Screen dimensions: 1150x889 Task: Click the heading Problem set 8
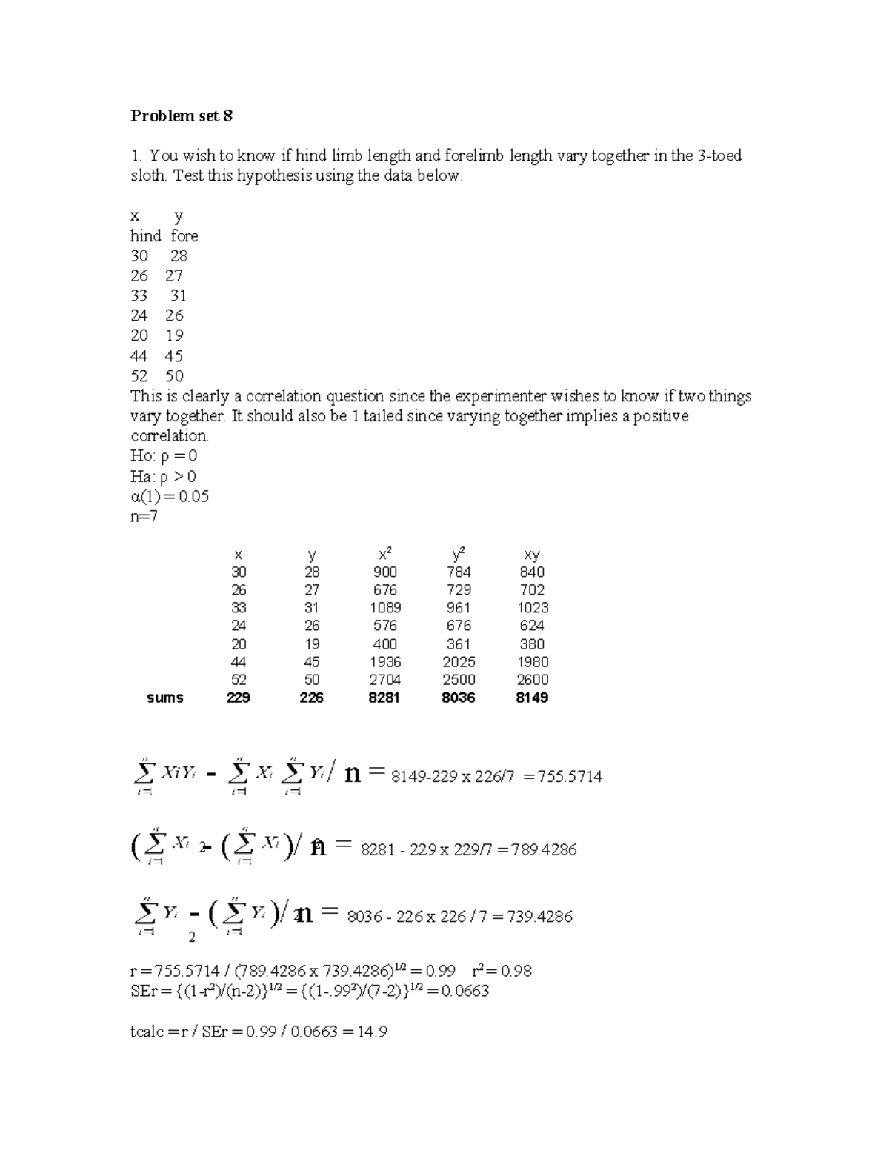click(182, 116)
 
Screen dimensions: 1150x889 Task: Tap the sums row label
click(164, 698)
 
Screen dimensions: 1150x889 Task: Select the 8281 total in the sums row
click(384, 698)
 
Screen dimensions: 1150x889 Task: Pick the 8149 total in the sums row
click(532, 698)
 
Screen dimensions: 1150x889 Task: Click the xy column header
click(532, 555)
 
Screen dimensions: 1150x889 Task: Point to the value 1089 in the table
click(385, 608)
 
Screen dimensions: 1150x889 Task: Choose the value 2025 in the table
click(459, 662)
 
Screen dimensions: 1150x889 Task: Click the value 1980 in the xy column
click(532, 662)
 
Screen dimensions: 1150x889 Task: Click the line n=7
click(144, 516)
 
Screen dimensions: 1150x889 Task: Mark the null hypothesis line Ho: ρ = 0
click(164, 456)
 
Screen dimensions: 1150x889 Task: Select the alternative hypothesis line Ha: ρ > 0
click(163, 476)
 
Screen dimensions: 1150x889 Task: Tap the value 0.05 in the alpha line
click(194, 496)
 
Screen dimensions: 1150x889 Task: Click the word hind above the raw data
click(145, 236)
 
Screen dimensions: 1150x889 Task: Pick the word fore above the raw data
click(184, 236)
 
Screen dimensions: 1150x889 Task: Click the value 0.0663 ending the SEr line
click(465, 991)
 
